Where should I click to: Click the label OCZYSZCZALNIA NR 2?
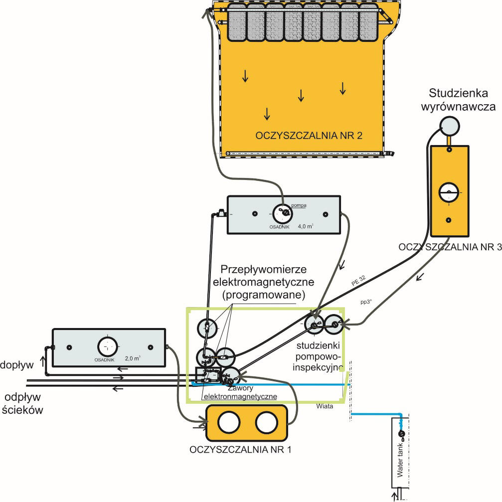point(309,136)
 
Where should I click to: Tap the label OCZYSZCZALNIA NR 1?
point(241,449)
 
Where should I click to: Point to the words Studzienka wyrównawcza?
point(451,99)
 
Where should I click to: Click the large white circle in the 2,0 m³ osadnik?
point(107,345)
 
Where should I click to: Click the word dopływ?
point(16,365)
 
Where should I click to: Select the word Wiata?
point(324,406)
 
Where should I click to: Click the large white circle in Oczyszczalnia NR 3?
point(449,192)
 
